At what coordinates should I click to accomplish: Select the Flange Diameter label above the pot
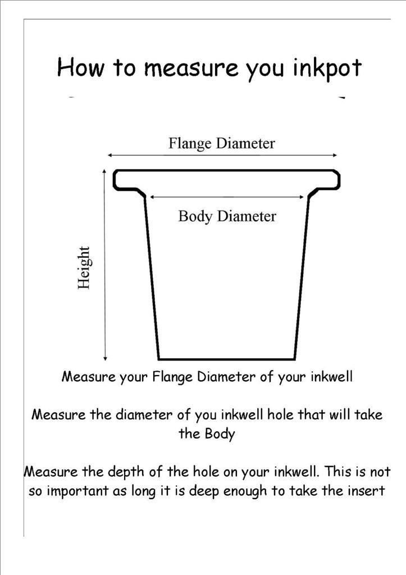(222, 143)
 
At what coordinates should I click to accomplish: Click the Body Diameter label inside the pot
(227, 216)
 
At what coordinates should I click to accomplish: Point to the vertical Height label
(84, 267)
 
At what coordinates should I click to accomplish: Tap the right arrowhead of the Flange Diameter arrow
(336, 155)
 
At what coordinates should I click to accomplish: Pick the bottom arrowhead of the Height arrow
(105, 358)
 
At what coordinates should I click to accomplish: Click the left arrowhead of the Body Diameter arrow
(152, 197)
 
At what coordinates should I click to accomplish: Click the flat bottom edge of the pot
(226, 359)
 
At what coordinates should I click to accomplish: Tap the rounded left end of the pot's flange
(115, 180)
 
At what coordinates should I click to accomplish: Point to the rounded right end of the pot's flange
(339, 180)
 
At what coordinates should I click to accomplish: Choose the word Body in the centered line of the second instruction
(220, 434)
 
